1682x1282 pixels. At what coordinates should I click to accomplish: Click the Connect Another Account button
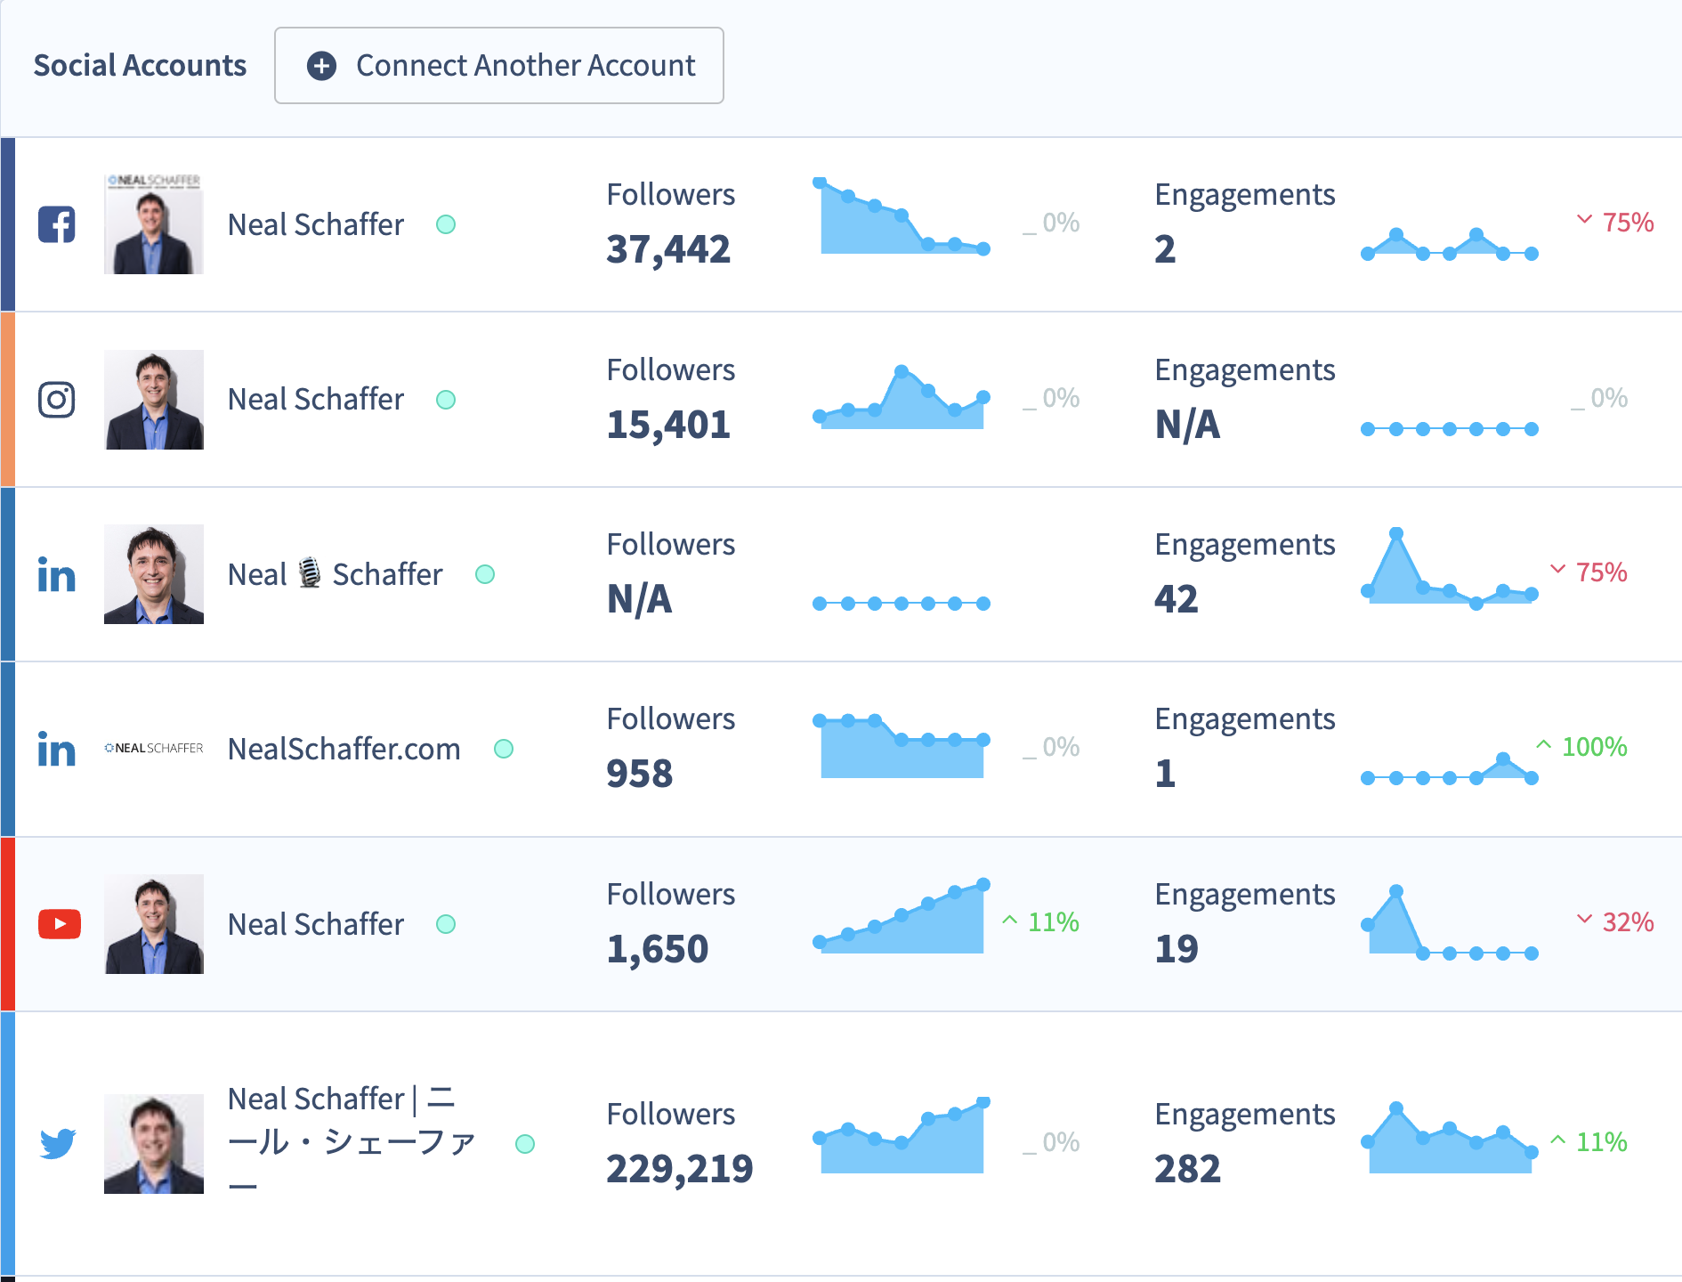point(498,66)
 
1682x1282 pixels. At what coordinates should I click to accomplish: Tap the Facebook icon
point(57,224)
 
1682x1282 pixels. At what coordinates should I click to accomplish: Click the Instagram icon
point(57,400)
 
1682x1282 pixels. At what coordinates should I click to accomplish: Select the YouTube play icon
point(60,924)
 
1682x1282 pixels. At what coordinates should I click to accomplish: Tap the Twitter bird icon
point(58,1143)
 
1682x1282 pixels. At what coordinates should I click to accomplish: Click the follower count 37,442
point(668,249)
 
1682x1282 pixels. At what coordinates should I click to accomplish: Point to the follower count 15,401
point(668,425)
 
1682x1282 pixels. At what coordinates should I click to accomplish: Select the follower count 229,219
point(680,1169)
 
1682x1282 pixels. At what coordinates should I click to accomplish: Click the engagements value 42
point(1177,599)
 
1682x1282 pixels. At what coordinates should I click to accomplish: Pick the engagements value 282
point(1187,1169)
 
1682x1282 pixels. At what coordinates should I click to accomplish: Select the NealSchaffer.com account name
point(344,750)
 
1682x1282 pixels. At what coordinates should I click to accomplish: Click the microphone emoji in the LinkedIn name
point(310,573)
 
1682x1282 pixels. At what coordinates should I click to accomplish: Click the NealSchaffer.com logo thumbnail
point(154,749)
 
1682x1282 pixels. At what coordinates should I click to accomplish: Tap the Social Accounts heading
point(140,66)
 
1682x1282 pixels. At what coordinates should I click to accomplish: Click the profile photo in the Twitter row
point(154,1143)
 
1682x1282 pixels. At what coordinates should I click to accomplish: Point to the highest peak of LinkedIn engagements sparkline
point(1396,534)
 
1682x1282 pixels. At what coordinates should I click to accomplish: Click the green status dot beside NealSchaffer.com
point(504,749)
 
